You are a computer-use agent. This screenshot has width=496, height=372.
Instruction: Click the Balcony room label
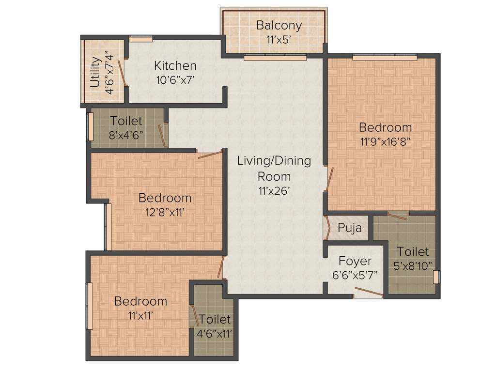[279, 25]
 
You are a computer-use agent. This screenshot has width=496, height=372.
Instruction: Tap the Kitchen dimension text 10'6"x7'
[175, 80]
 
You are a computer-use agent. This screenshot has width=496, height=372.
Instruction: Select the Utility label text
[95, 72]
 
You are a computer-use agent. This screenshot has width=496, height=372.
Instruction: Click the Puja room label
[349, 228]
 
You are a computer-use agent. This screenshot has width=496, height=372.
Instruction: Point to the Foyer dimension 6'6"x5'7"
[355, 274]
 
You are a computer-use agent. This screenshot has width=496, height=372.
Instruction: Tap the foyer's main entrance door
[368, 293]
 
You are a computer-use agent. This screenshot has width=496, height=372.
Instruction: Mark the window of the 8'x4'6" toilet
[90, 127]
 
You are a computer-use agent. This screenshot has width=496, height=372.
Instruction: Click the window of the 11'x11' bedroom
[90, 307]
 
